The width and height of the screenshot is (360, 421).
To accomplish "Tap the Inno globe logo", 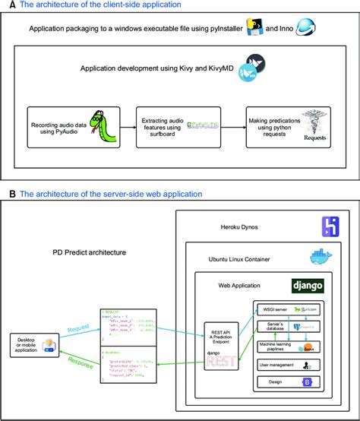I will (x=306, y=28).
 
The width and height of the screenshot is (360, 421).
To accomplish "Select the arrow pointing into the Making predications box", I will (x=233, y=126).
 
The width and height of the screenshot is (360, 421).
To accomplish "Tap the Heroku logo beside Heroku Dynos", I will (x=330, y=226).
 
